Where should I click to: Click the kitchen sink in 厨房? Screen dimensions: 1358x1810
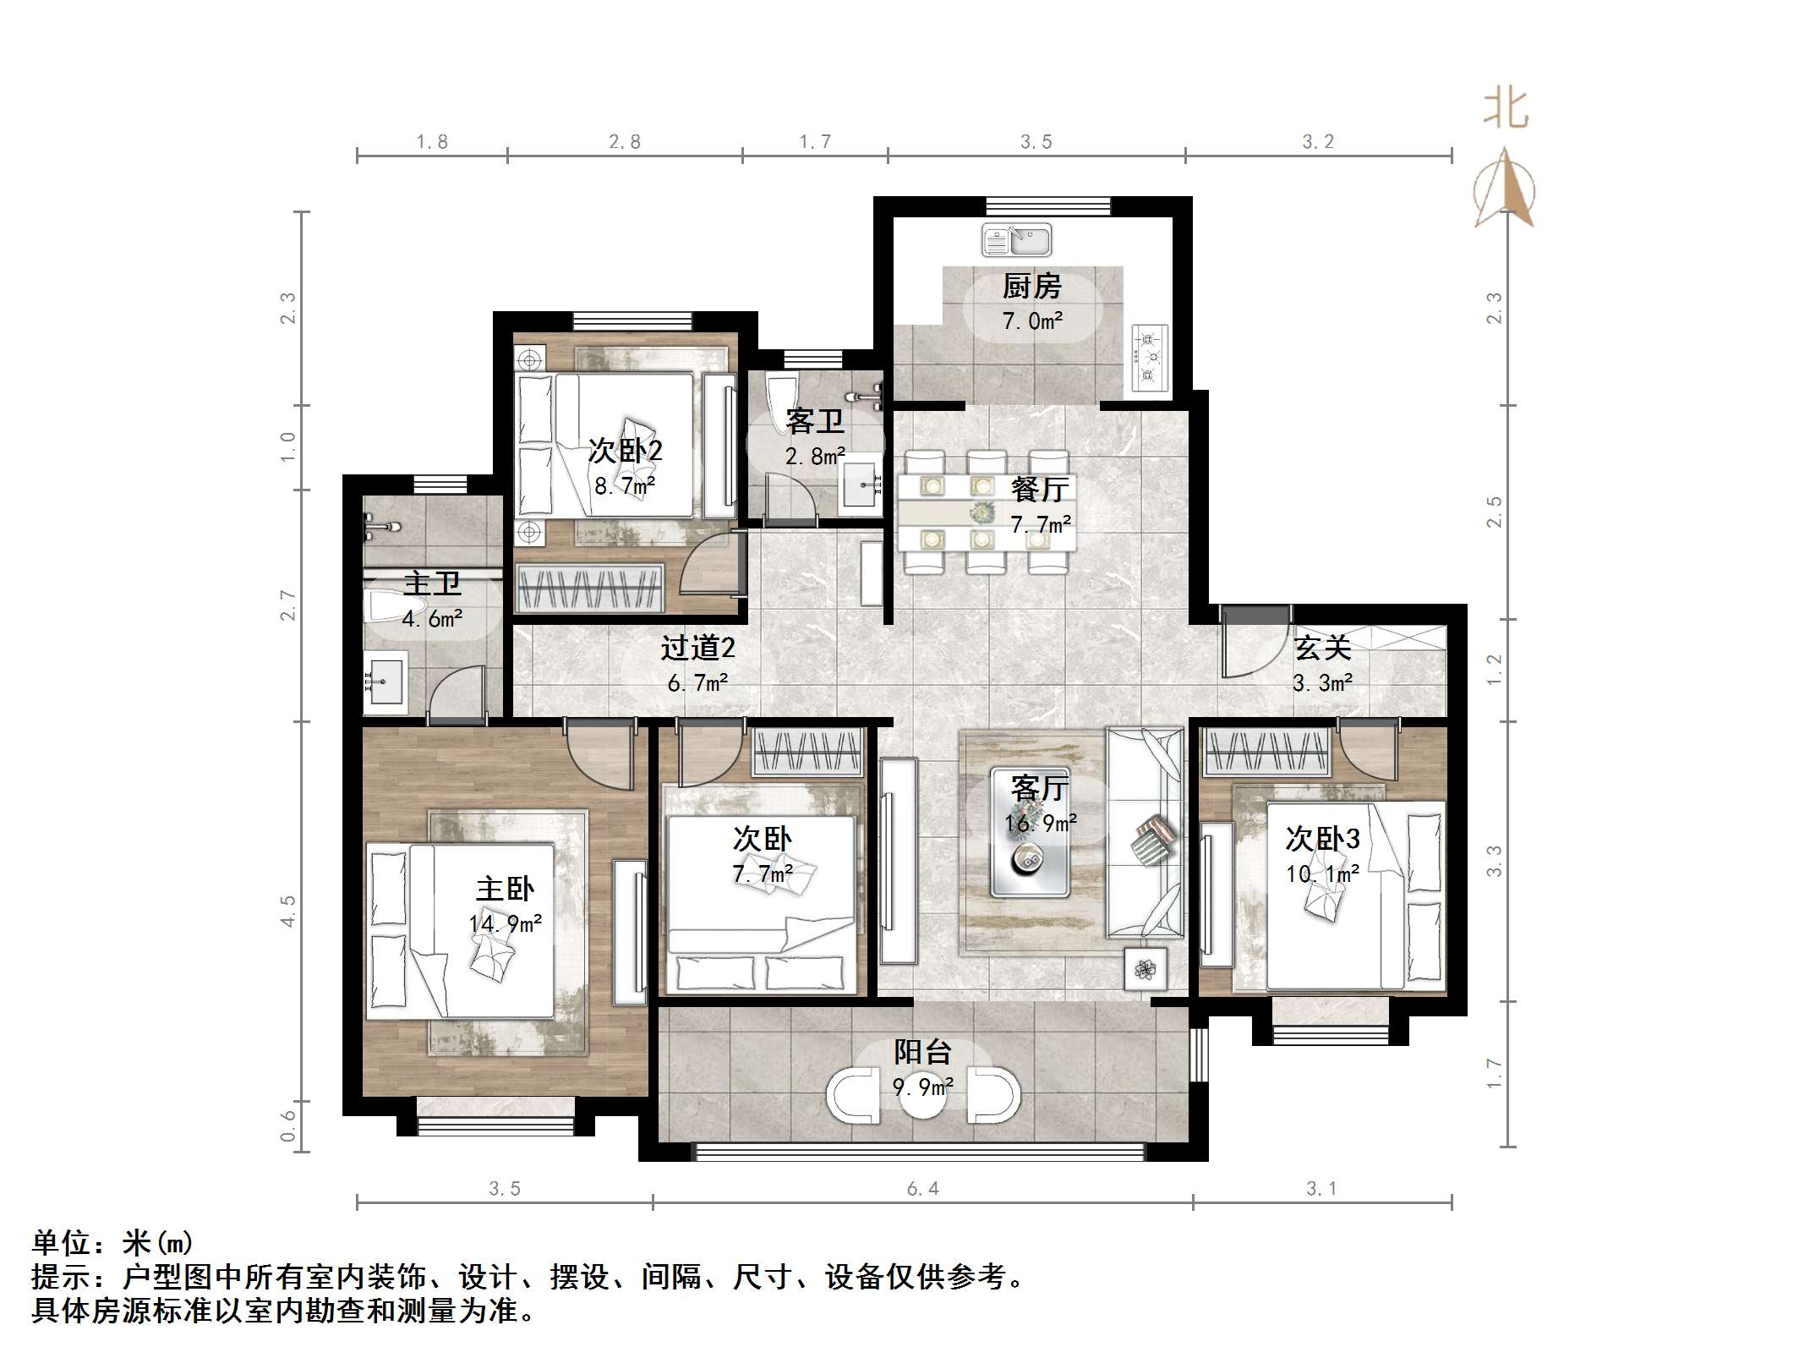click(1016, 240)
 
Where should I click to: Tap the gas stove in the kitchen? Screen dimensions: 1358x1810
click(1149, 358)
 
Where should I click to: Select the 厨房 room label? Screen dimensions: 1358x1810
click(1031, 287)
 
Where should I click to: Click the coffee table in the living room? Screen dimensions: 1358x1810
click(1030, 834)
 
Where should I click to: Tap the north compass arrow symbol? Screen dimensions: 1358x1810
click(1504, 189)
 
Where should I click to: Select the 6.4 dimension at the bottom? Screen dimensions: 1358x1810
click(922, 1189)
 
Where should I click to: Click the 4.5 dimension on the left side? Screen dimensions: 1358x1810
click(288, 912)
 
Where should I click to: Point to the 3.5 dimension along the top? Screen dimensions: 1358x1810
click(1036, 142)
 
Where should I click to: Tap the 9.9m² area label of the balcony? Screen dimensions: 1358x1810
click(923, 1087)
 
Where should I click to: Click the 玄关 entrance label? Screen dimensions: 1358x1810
click(1322, 648)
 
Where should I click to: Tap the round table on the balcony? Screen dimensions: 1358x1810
click(923, 1096)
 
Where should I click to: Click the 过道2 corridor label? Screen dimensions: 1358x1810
click(697, 648)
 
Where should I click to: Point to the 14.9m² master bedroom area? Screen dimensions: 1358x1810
click(506, 924)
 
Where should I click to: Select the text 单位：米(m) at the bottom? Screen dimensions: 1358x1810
click(112, 1243)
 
